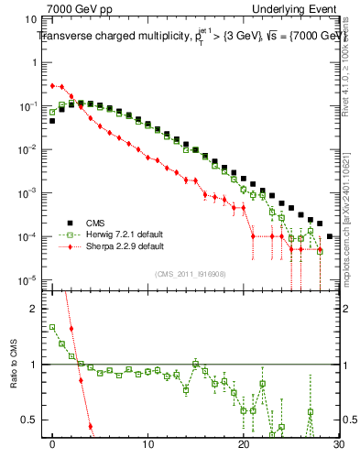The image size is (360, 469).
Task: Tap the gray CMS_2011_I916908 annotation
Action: coord(190,273)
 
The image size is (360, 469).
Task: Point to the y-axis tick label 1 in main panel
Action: coord(35,63)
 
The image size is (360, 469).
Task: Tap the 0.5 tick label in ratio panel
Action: coord(31,420)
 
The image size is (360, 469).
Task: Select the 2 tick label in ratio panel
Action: coord(35,309)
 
